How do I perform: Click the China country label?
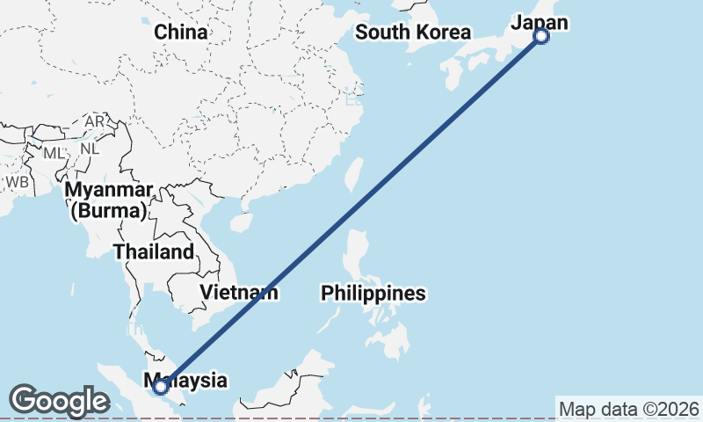tap(181, 33)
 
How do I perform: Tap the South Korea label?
tap(413, 33)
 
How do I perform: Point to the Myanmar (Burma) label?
tap(110, 200)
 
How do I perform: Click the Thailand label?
tap(154, 252)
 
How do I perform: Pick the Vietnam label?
tap(239, 293)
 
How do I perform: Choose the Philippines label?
tap(373, 293)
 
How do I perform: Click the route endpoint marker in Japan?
tap(541, 36)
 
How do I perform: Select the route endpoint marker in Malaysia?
tap(161, 386)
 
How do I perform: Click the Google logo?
tap(59, 401)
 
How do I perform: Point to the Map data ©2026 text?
tap(628, 409)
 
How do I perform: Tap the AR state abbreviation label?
tap(94, 120)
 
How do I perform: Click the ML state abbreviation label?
tap(54, 153)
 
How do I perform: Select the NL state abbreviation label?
tap(90, 149)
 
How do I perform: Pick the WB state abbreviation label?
tap(17, 181)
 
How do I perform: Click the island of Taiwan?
tap(353, 174)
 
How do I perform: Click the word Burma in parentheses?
tap(110, 211)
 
